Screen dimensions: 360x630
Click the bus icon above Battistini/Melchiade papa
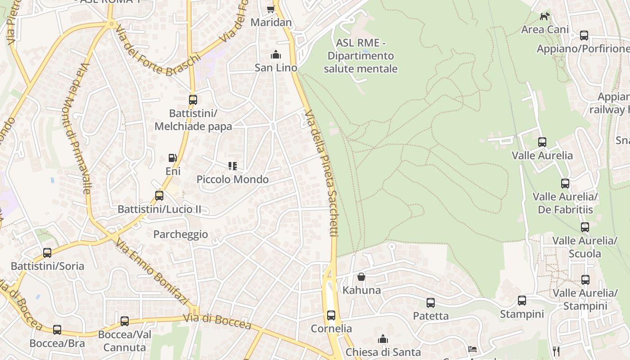click(x=193, y=100)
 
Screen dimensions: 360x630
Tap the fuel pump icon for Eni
click(x=172, y=158)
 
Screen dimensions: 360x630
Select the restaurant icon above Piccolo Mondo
click(x=233, y=166)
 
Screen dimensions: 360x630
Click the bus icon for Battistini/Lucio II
click(x=159, y=196)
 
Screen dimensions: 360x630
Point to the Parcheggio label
click(x=180, y=234)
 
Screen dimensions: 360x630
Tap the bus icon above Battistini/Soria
click(x=47, y=253)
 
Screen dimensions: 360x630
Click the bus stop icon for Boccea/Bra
click(x=57, y=330)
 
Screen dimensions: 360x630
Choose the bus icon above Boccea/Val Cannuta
click(x=125, y=321)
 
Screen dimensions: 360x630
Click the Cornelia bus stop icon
click(x=331, y=315)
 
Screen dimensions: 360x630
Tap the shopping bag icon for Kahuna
click(x=361, y=277)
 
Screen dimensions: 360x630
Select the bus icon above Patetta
click(x=431, y=302)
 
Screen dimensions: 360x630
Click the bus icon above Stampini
click(x=522, y=301)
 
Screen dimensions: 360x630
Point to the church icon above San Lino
click(x=275, y=55)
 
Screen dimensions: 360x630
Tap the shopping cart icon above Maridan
click(x=270, y=9)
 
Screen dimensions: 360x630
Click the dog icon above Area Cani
click(x=545, y=17)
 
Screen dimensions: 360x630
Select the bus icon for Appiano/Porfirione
click(x=584, y=35)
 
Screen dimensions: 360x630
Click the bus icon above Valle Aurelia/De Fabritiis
click(x=565, y=184)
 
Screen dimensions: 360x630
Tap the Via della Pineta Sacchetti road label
click(x=321, y=173)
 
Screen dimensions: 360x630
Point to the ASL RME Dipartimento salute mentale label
click(x=361, y=56)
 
